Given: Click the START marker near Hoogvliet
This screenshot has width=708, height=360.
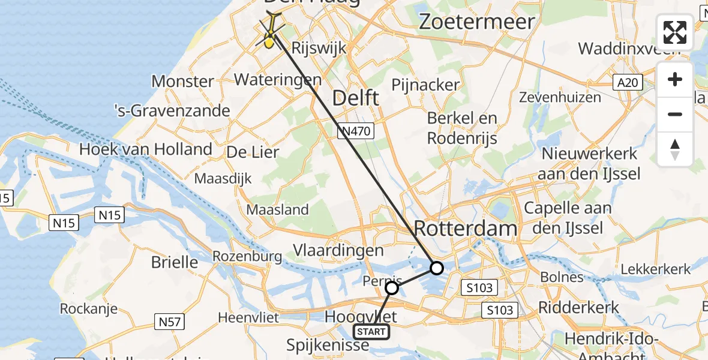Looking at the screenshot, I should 371,331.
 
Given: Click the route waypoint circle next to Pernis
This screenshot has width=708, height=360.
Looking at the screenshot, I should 392,288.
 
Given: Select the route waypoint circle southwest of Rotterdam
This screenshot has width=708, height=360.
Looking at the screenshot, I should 437,268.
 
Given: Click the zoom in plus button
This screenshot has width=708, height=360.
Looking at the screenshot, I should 675,80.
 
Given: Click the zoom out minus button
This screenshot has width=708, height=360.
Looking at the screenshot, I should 675,114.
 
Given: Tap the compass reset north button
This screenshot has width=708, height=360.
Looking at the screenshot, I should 675,149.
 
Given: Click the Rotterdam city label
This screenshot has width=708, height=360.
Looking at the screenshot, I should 466,228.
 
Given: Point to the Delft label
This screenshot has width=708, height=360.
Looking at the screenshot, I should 356,98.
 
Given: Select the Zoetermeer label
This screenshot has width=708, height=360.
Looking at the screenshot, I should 477,22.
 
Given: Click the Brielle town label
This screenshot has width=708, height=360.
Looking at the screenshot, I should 175,262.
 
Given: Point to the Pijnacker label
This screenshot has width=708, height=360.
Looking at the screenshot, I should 425,85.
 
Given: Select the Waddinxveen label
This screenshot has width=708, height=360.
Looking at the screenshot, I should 629,48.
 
